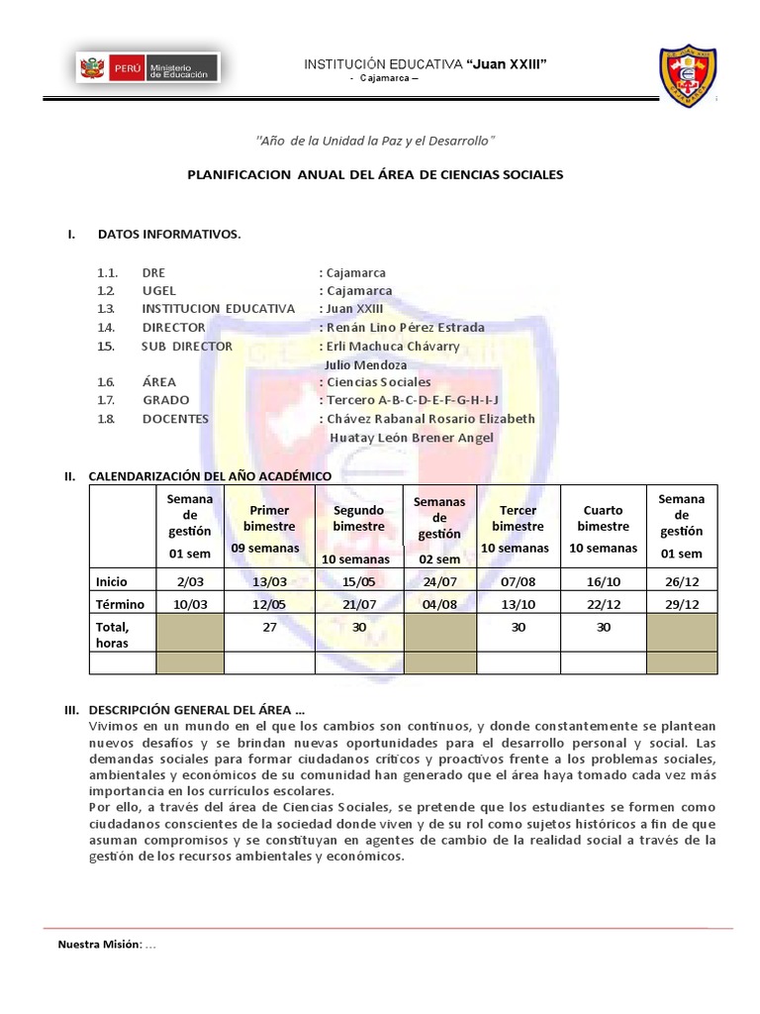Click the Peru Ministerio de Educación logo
point(148,68)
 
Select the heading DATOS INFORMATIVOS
point(168,235)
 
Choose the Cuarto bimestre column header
point(604,527)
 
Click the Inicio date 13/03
point(270,581)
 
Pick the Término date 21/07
point(358,604)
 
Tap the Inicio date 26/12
point(681,581)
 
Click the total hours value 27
point(270,628)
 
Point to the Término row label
point(120,604)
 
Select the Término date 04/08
point(440,604)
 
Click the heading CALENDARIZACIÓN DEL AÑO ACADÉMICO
point(210,476)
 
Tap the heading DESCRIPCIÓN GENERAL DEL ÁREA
point(196,710)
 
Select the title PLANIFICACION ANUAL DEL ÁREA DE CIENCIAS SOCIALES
point(375,174)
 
